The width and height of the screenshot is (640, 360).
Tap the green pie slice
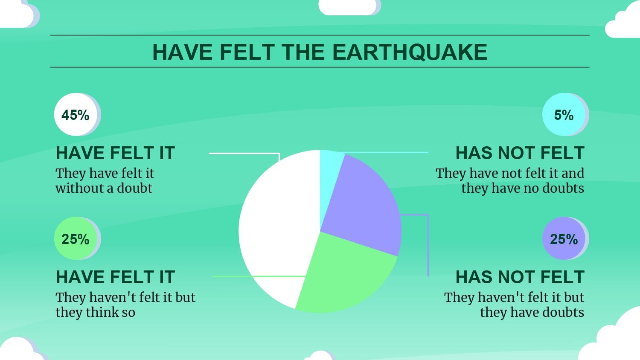coord(346,277)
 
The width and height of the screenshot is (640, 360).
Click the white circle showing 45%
coord(76,114)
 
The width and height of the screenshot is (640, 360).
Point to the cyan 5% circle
coord(564,114)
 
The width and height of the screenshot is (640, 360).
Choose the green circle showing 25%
coord(76,238)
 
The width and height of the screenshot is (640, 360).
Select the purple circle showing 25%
coord(564,238)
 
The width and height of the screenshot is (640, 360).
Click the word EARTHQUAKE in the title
coord(410,52)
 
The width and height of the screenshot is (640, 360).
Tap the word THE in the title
coord(303,52)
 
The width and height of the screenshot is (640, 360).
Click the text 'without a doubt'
coord(104,188)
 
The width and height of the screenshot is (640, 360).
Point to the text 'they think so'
coord(96,312)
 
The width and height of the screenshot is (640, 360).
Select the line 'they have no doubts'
coord(523,188)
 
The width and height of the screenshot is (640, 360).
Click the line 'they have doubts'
coord(532,312)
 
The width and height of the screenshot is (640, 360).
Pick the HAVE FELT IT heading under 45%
coord(116,153)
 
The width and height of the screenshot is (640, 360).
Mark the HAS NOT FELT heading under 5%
coord(520,153)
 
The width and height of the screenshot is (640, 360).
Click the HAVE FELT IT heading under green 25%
coord(116,277)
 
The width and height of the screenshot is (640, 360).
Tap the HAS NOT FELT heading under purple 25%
coord(520,277)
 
